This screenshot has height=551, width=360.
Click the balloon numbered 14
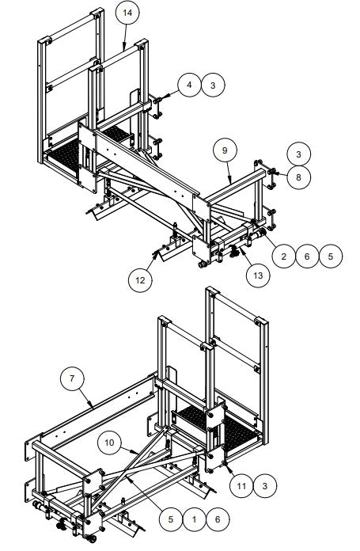pyautogui.click(x=127, y=13)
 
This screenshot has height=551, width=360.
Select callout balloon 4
pyautogui.click(x=189, y=85)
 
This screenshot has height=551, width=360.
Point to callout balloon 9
pyautogui.click(x=225, y=150)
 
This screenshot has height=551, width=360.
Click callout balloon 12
pyautogui.click(x=141, y=279)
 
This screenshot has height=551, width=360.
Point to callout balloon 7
pyautogui.click(x=73, y=379)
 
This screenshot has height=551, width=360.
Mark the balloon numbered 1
pyautogui.click(x=193, y=519)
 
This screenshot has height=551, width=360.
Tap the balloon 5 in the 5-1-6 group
pyautogui.click(x=169, y=519)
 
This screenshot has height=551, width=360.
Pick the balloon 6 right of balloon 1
pyautogui.click(x=217, y=519)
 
